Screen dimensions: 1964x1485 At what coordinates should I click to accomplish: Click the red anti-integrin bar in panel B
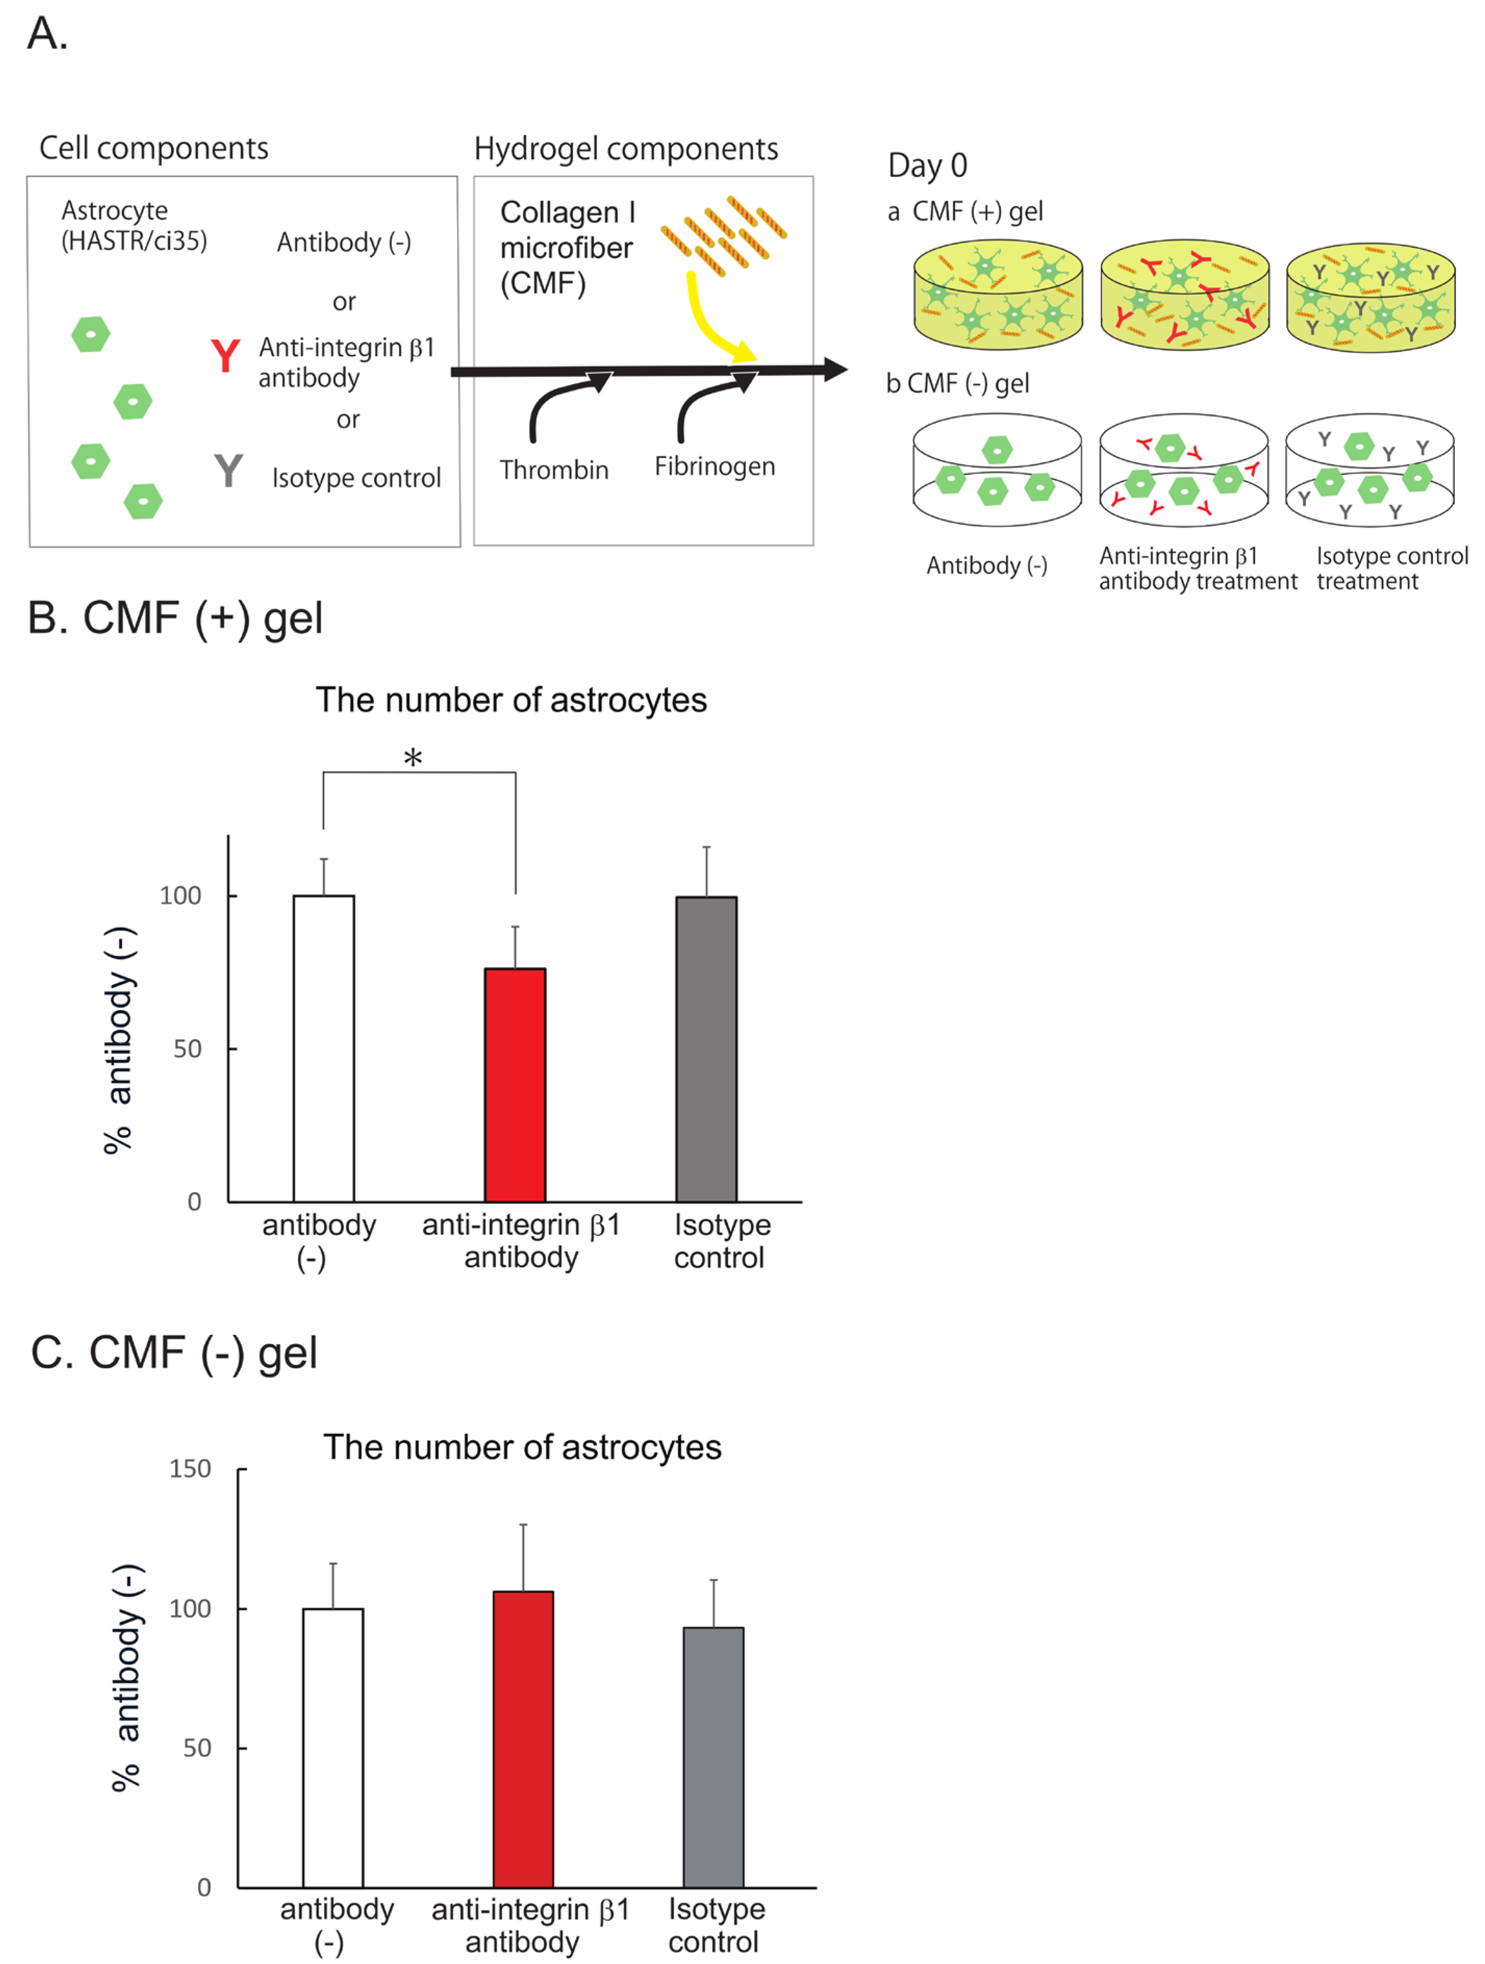click(515, 1084)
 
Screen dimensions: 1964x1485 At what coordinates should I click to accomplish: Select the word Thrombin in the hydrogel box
click(554, 470)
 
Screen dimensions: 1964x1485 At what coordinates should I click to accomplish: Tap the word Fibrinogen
click(714, 466)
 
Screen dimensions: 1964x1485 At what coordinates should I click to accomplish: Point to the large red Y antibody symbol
click(225, 356)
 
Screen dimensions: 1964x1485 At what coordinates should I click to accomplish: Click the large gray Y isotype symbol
click(228, 471)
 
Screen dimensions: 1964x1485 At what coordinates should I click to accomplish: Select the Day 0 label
click(927, 165)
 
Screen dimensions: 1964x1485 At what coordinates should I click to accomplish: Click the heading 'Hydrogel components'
click(626, 148)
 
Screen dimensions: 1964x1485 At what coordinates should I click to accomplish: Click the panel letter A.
click(46, 34)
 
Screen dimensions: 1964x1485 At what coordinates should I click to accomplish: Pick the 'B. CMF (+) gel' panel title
click(175, 618)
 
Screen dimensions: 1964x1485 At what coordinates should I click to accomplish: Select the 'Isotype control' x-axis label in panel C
click(715, 1925)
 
